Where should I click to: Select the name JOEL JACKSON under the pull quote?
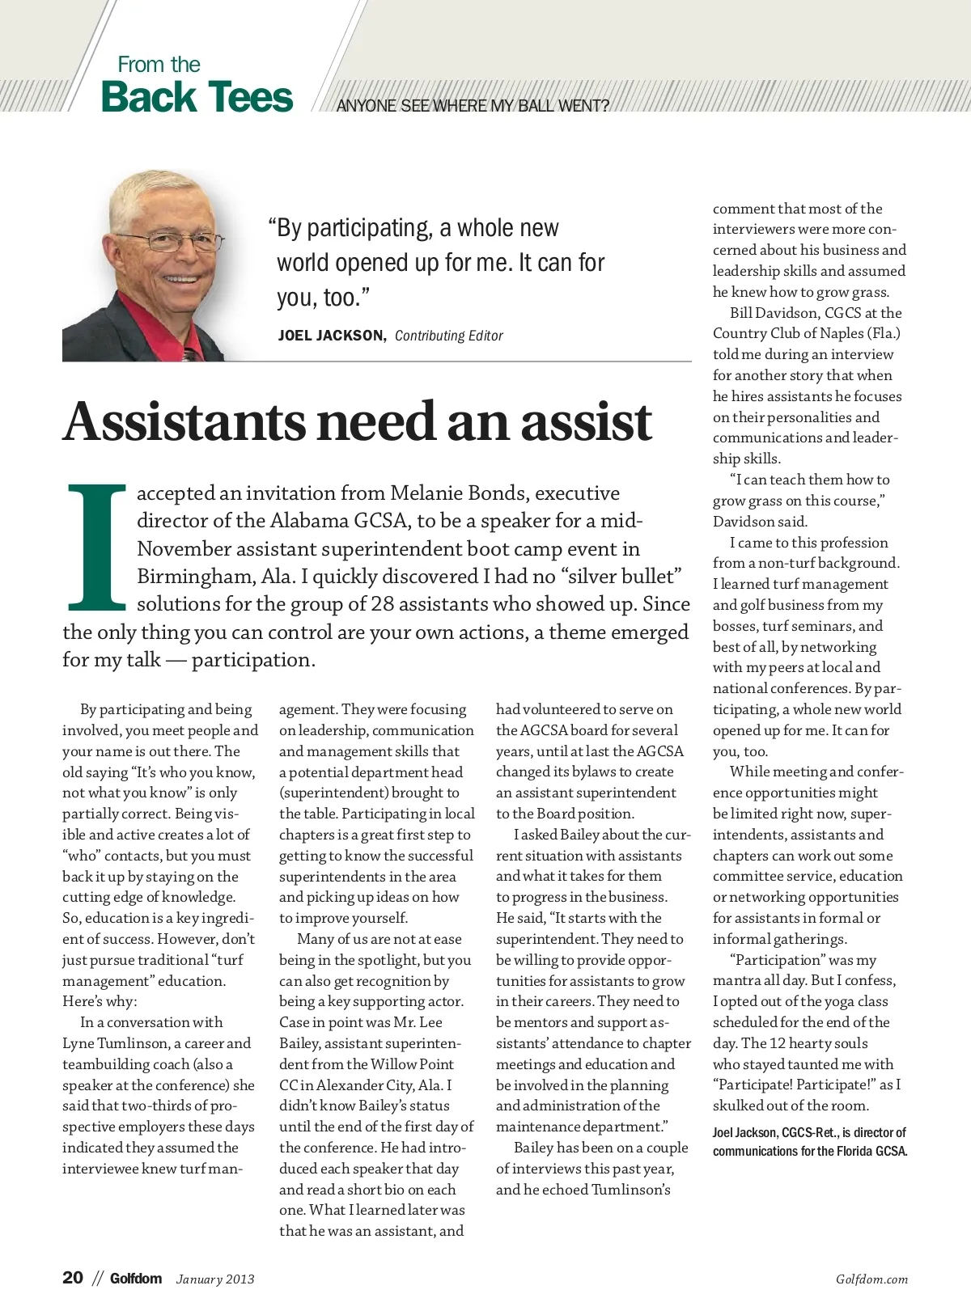click(331, 336)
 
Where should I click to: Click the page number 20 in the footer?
click(73, 1278)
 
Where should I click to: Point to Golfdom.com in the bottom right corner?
click(871, 1279)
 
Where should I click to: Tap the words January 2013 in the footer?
click(215, 1279)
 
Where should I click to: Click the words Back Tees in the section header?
click(197, 97)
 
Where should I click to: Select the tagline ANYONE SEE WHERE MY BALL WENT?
click(473, 106)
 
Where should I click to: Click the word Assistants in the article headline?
click(184, 422)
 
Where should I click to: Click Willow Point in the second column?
click(412, 1064)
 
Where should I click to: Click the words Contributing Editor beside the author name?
click(448, 336)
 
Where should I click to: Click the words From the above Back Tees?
click(159, 65)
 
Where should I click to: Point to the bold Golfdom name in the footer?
click(136, 1279)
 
